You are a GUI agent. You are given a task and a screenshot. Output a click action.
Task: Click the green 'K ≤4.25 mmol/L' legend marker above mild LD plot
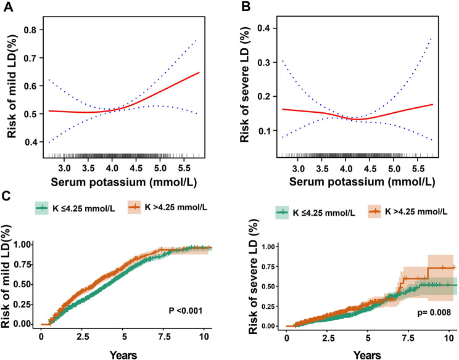click(41, 207)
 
